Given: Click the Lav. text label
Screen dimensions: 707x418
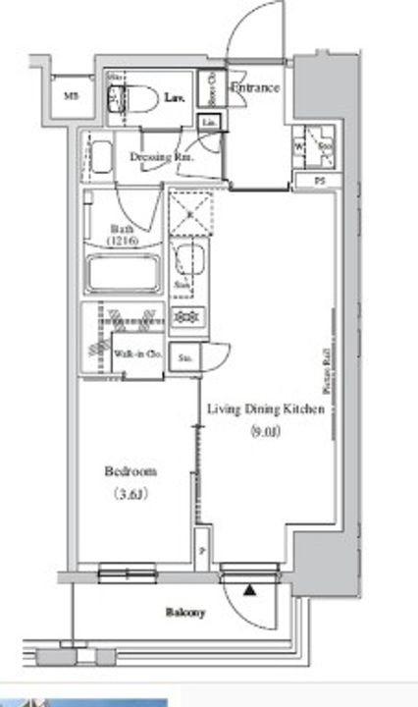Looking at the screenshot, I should tap(176, 97).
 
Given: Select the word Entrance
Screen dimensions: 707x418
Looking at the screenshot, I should tap(255, 88).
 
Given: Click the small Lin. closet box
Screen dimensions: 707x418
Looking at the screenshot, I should tap(210, 121).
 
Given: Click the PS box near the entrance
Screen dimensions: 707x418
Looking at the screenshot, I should tap(319, 181).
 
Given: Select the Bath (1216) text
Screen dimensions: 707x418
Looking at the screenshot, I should tap(123, 236).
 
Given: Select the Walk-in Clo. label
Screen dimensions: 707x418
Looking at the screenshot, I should tap(136, 354).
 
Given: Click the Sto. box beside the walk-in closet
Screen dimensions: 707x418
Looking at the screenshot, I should tap(185, 358).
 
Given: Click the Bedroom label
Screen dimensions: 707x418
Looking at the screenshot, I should tap(131, 472).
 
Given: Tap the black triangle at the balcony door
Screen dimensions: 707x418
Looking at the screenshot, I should tap(249, 591).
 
